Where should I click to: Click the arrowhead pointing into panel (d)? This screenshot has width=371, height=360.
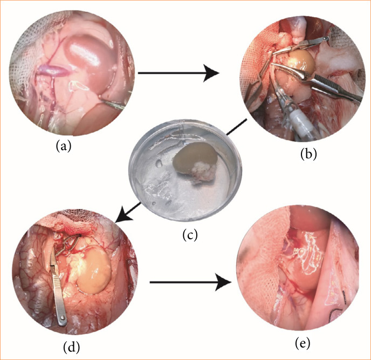pos(122,216)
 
